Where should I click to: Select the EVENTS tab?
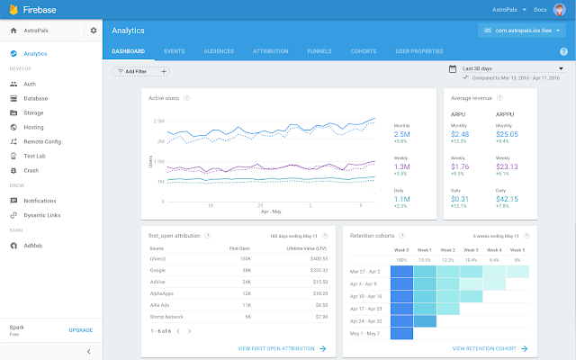[x=175, y=51]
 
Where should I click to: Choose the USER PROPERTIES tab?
[x=419, y=51]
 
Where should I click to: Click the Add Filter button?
[x=134, y=71]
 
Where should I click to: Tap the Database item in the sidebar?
[x=36, y=98]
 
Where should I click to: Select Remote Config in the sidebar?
[x=42, y=141]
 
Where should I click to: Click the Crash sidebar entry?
[x=31, y=170]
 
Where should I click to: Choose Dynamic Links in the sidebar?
[x=43, y=214]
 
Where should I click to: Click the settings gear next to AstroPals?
[x=93, y=31]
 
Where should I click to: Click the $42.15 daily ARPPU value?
[x=508, y=199]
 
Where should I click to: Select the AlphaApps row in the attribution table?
[x=162, y=293]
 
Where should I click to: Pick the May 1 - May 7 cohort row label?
[x=364, y=332]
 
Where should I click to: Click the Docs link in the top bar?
[x=541, y=9]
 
